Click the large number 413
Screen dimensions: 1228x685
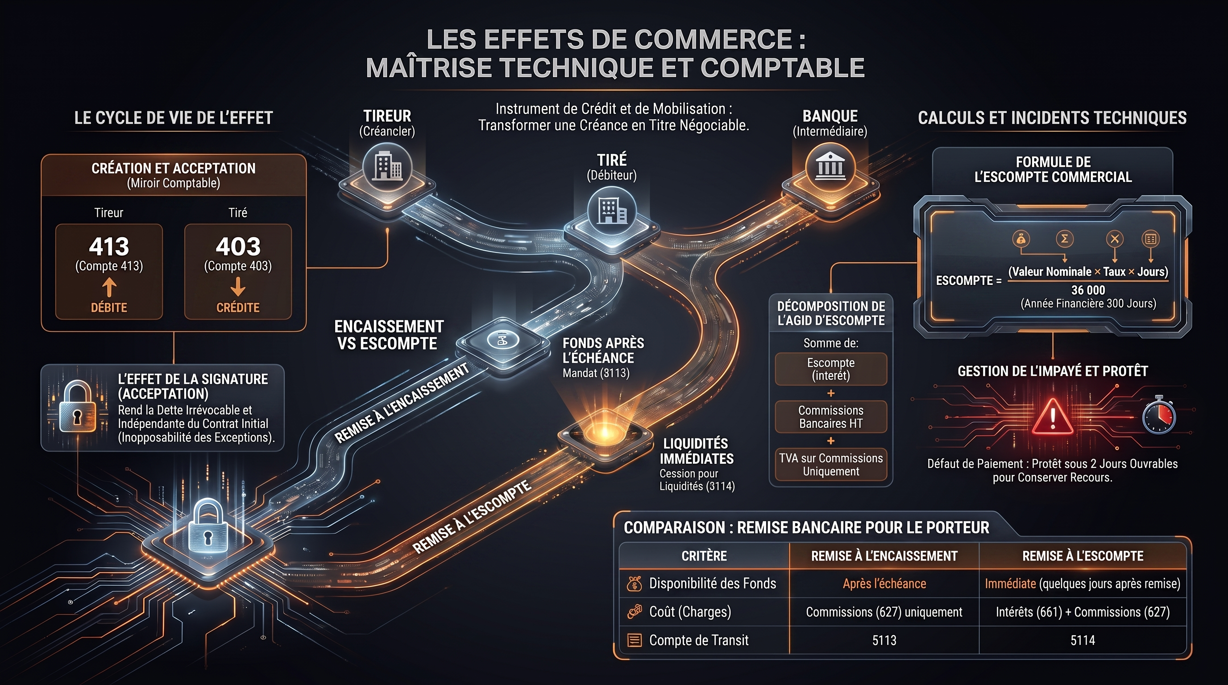point(109,247)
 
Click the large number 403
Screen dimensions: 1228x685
point(238,247)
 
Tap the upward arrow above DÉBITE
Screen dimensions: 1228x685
point(109,288)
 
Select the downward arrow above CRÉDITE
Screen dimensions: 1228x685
point(238,288)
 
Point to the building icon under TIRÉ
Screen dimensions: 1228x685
point(612,210)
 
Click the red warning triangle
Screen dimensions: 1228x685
point(1052,417)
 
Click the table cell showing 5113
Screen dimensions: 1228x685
point(884,640)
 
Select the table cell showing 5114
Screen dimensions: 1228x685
point(1083,640)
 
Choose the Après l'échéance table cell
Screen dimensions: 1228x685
point(884,583)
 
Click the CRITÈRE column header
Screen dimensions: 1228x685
point(704,556)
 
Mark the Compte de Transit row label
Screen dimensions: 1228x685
point(699,640)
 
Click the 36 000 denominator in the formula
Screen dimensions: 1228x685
point(1088,290)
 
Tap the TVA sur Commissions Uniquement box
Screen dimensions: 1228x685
point(831,464)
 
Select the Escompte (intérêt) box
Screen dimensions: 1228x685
point(831,369)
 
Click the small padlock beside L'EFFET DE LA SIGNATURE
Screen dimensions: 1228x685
point(77,406)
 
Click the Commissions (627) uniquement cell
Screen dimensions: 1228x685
point(884,612)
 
